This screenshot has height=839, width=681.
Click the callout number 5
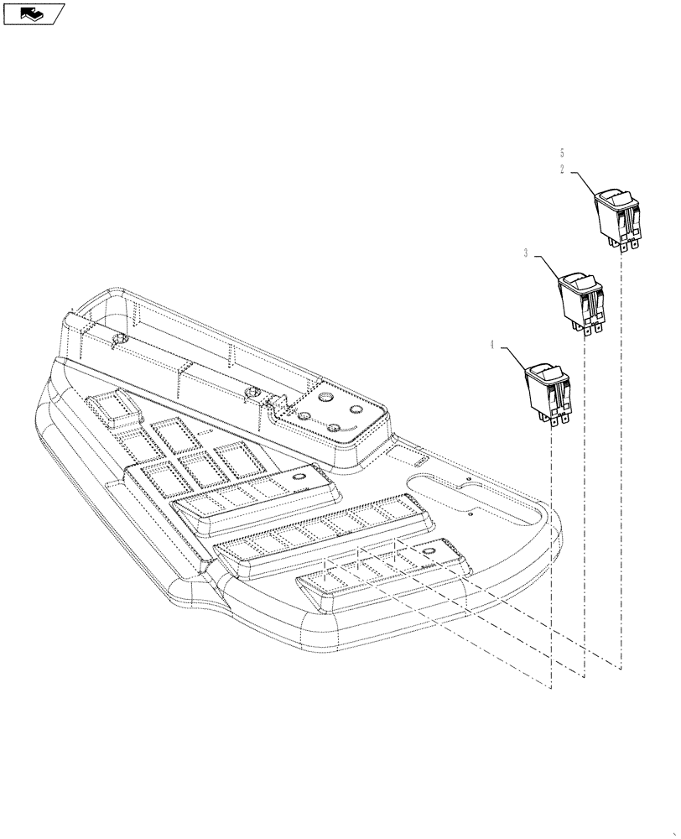point(561,153)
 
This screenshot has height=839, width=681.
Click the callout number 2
point(561,168)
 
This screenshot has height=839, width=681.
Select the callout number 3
point(525,253)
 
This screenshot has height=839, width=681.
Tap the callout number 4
point(491,342)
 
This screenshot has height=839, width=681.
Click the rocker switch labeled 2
point(618,216)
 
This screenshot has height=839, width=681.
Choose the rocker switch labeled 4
point(548,390)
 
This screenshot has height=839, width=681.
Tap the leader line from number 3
point(545,267)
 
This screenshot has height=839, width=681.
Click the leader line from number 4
point(512,357)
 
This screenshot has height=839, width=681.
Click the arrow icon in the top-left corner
point(33,13)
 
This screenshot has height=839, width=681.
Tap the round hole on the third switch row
point(427,550)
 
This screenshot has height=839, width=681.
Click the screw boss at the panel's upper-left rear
point(118,339)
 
